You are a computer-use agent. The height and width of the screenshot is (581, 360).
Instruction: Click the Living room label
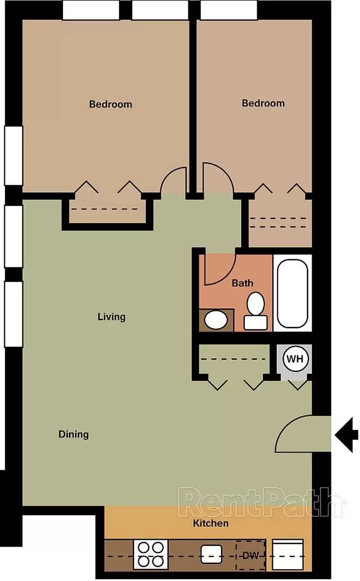click(111, 317)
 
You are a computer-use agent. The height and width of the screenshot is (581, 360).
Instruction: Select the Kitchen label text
click(210, 523)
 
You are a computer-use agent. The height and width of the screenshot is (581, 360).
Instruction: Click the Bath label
click(242, 283)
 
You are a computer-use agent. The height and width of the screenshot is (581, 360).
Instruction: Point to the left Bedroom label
click(110, 104)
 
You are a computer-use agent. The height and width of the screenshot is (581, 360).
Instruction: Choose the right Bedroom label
click(263, 103)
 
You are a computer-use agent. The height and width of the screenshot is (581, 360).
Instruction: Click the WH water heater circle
click(295, 358)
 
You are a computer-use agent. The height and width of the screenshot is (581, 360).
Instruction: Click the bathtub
click(292, 293)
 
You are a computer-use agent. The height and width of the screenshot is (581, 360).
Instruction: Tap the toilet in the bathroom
click(256, 311)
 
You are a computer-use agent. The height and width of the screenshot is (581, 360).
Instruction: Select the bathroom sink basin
click(216, 320)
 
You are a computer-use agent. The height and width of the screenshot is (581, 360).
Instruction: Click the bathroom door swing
click(221, 269)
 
